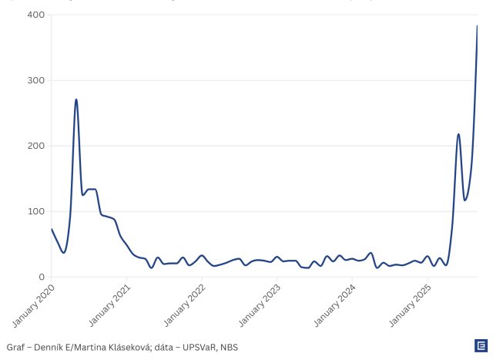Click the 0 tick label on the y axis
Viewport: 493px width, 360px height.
click(40, 277)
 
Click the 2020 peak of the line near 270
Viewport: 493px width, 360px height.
click(76, 99)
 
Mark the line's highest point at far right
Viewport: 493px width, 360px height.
click(477, 26)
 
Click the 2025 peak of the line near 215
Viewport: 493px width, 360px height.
click(458, 134)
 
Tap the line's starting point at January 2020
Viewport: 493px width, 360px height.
click(52, 229)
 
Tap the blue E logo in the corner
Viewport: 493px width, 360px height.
click(480, 346)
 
